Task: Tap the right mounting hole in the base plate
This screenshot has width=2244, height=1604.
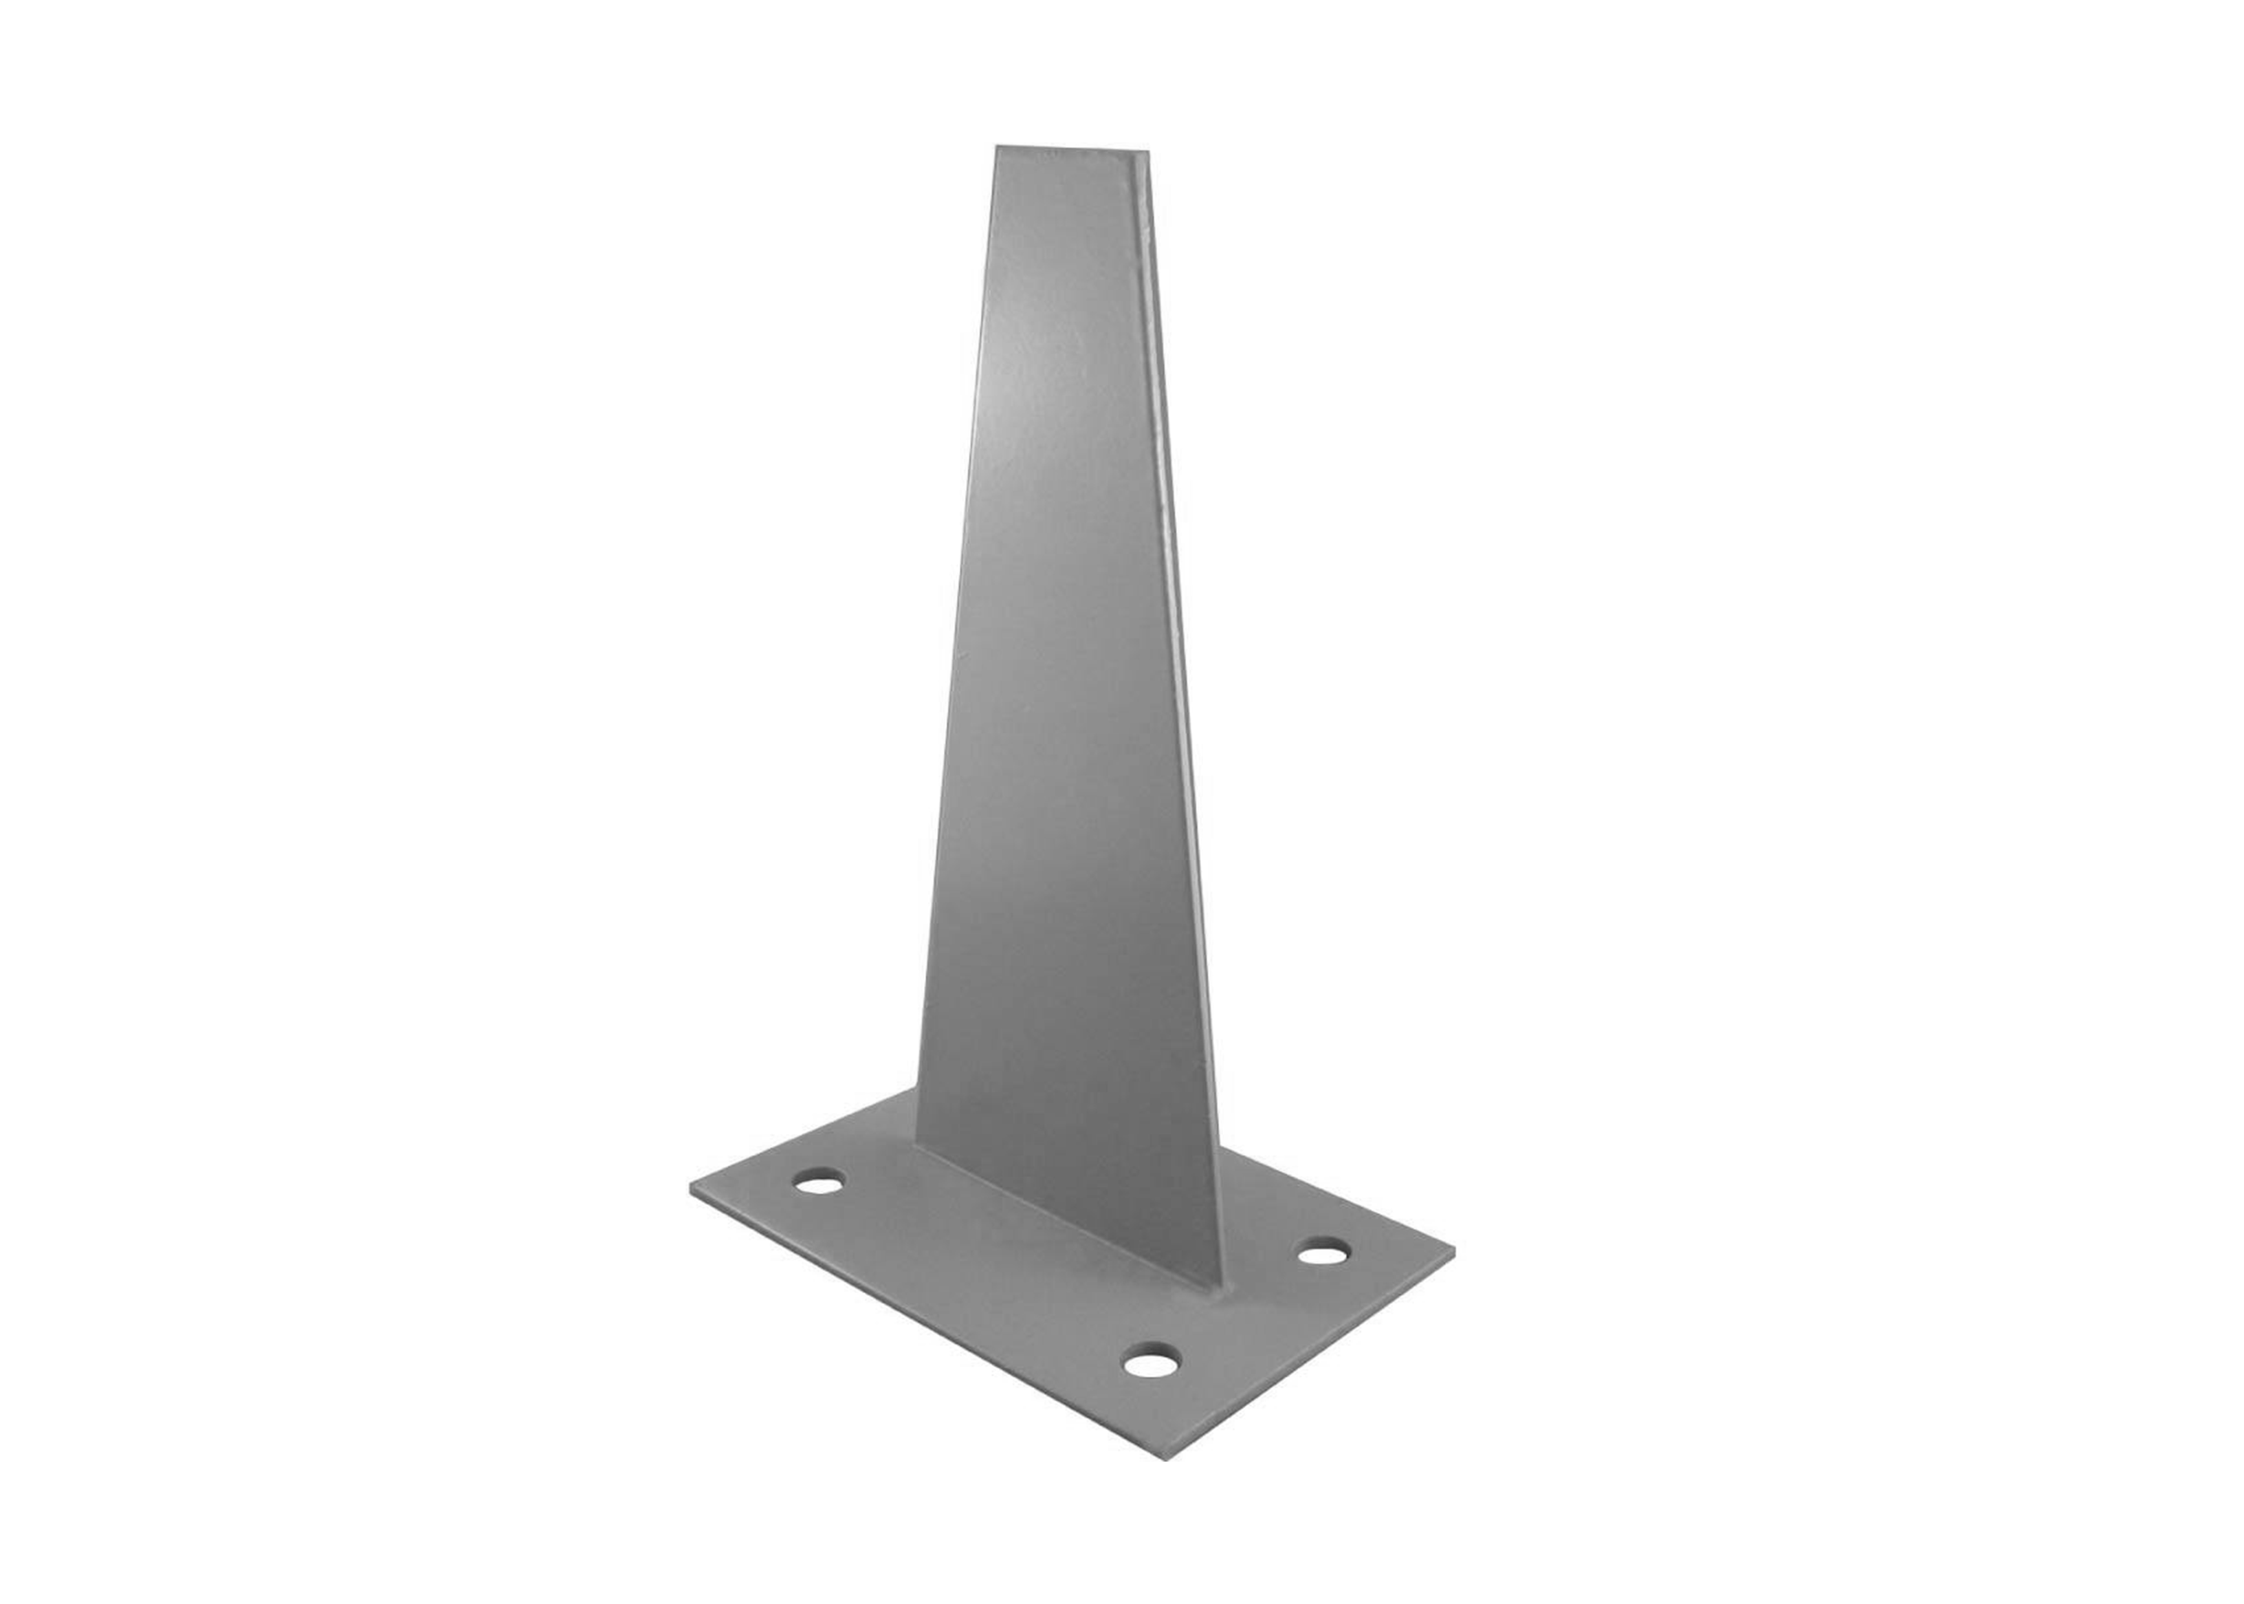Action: pos(1323,1255)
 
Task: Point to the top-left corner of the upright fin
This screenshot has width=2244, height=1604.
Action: pos(997,148)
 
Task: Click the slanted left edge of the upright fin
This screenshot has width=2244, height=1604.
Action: pos(956,642)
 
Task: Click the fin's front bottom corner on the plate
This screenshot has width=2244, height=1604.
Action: pos(1222,1288)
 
